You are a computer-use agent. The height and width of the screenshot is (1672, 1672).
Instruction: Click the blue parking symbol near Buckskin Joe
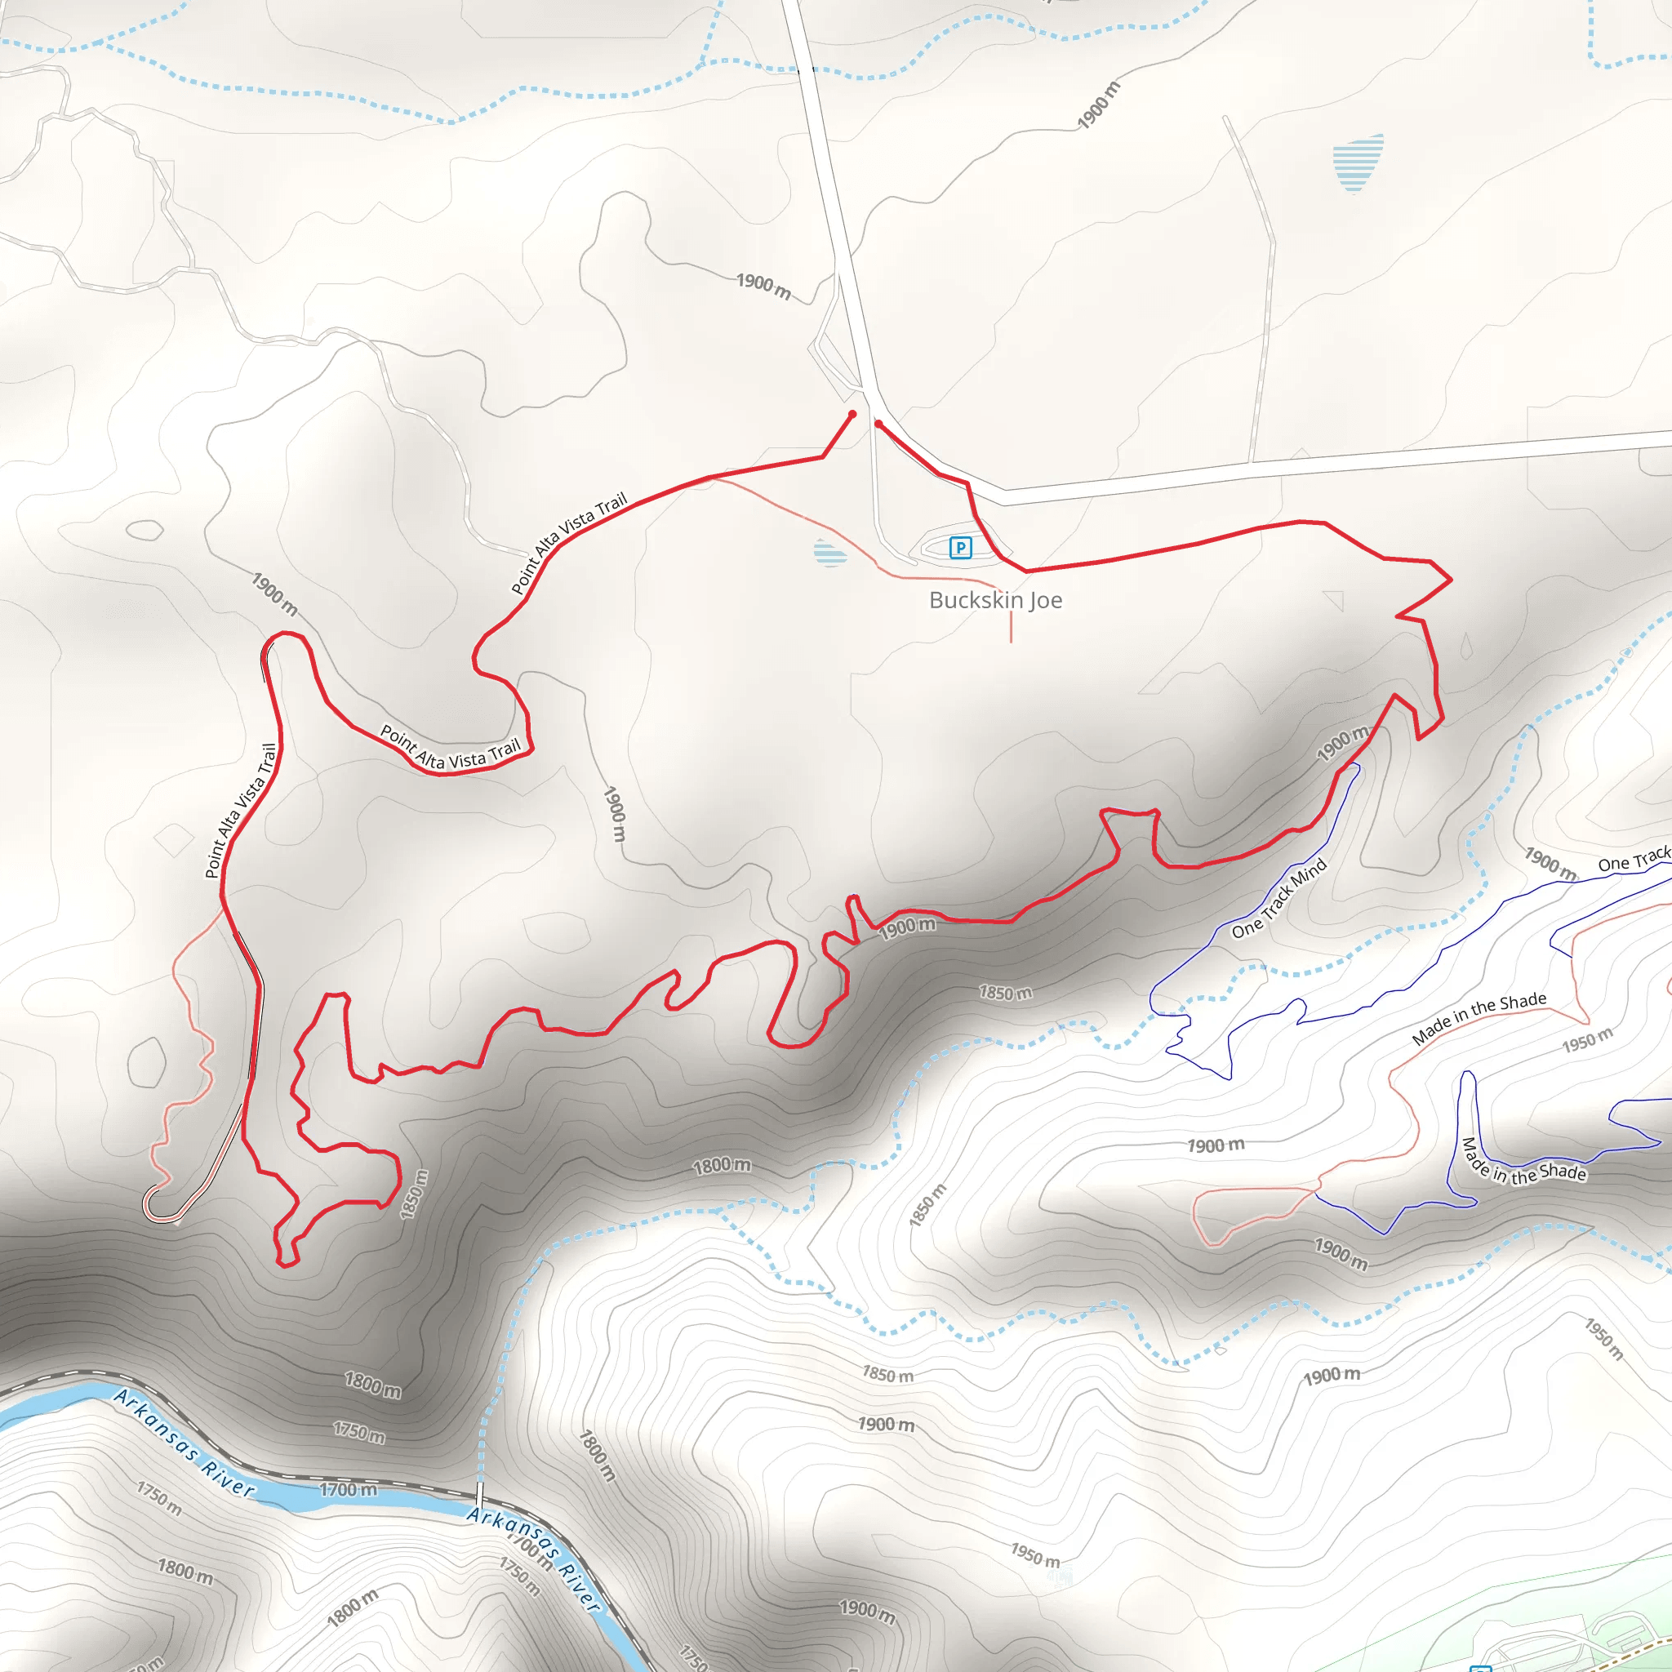point(960,547)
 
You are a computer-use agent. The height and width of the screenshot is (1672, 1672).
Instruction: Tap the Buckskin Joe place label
point(995,600)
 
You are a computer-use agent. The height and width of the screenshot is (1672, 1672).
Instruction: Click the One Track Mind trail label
point(1278,898)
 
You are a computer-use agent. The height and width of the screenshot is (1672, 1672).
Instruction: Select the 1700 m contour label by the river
point(348,1489)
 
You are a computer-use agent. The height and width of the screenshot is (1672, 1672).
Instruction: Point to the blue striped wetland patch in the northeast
point(1357,162)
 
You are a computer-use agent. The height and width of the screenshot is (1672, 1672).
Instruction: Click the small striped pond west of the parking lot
point(829,552)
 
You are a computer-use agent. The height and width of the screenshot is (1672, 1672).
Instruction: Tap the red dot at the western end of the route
point(852,415)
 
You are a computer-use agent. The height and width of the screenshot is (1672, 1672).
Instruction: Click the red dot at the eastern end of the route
point(878,424)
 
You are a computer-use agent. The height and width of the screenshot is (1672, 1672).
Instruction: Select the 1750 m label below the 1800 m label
point(359,1431)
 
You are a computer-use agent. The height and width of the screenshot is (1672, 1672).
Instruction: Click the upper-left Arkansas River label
point(184,1443)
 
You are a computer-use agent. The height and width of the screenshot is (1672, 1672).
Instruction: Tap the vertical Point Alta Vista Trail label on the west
point(241,810)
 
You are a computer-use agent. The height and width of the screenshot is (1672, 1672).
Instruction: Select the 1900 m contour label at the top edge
point(1098,105)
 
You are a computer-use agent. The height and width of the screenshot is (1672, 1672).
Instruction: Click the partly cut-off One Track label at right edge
point(1634,860)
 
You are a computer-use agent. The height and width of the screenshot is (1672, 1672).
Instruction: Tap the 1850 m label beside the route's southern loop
point(414,1194)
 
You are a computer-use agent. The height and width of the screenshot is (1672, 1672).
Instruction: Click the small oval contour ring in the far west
point(145,530)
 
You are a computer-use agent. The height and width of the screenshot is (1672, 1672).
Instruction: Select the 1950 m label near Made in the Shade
point(1587,1039)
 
